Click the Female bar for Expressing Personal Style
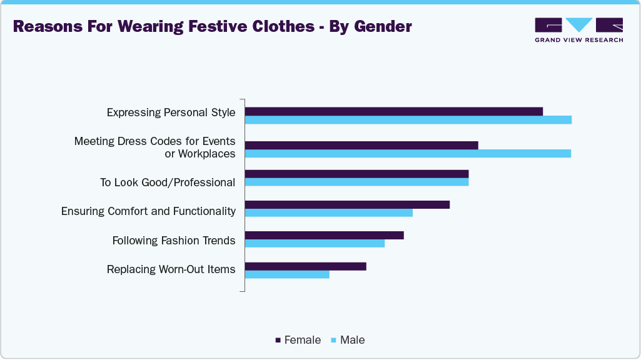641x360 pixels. (x=393, y=111)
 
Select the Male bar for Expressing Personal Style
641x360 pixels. (x=408, y=120)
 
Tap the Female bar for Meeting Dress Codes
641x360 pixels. (x=361, y=145)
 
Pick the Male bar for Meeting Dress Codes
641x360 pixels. (x=408, y=154)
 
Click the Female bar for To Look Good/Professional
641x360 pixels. (x=356, y=174)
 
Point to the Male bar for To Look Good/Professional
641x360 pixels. (x=356, y=182)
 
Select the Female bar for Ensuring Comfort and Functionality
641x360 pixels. (x=347, y=204)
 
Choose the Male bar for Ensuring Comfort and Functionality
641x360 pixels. (x=328, y=212)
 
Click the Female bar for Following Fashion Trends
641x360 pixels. (x=324, y=235)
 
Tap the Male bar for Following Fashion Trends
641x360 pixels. (x=315, y=243)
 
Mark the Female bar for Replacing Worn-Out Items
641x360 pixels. (x=305, y=266)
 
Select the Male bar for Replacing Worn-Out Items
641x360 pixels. (x=286, y=274)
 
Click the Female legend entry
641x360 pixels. (x=298, y=340)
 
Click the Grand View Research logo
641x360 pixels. (x=578, y=29)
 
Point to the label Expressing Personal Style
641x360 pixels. (x=171, y=112)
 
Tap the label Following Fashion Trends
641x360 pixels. (x=174, y=241)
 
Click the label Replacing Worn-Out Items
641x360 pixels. (x=171, y=269)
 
